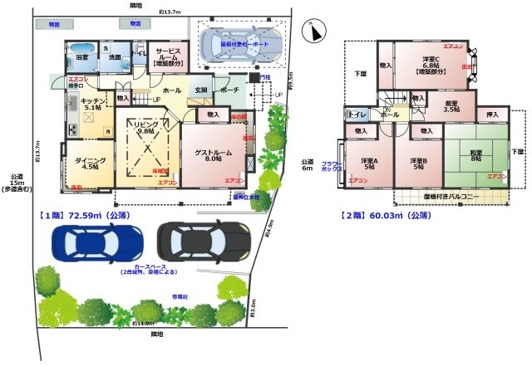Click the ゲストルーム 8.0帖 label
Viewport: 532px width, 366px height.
(214, 154)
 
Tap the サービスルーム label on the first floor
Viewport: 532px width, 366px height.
(169, 55)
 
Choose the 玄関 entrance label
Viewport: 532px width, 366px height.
(200, 90)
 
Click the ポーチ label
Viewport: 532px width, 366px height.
(230, 90)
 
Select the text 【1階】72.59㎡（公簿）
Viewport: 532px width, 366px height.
(85, 215)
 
